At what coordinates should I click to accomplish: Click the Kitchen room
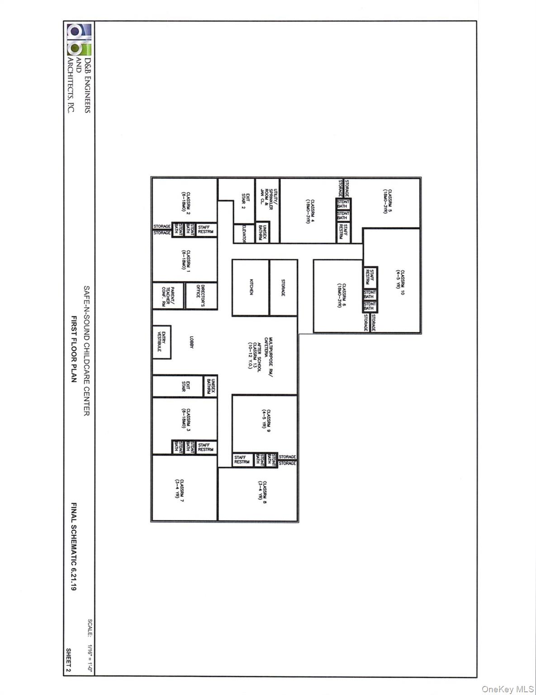click(251, 287)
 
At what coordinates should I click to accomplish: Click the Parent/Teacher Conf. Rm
click(168, 296)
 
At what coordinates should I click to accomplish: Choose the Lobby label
click(191, 342)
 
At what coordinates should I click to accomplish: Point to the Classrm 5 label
click(387, 201)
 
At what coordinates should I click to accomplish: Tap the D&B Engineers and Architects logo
click(79, 42)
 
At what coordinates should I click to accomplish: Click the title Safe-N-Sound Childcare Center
click(86, 350)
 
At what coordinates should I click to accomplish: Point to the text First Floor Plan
click(73, 349)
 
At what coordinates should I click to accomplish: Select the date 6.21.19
click(73, 577)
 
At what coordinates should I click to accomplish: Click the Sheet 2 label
click(68, 660)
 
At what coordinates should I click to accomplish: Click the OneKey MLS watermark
click(508, 689)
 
